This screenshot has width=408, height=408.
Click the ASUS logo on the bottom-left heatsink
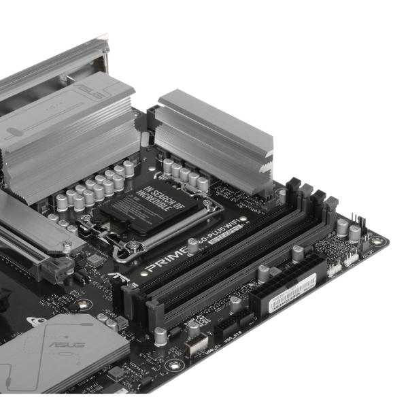tap(67, 344)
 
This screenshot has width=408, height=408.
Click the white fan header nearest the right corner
tap(351, 257)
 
